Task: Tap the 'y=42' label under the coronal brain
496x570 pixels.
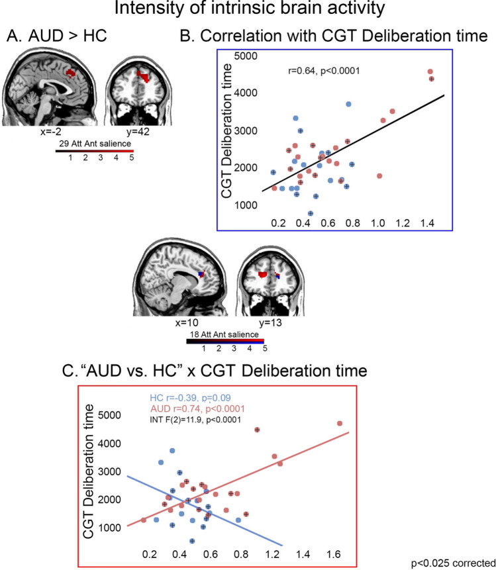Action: point(140,132)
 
